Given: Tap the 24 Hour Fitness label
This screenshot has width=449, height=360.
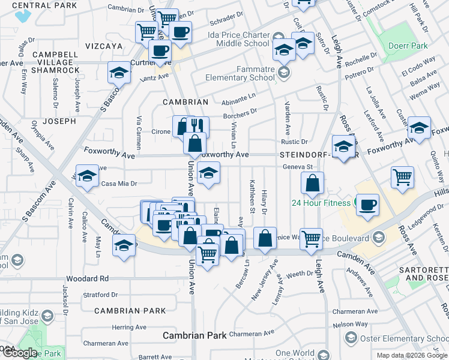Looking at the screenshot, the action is tap(321, 203).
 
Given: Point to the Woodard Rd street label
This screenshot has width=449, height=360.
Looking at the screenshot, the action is tap(88, 278).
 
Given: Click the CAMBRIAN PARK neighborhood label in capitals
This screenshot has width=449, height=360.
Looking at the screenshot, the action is tap(130, 311).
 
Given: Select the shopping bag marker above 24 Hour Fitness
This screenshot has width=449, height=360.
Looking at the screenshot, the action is tap(313, 184).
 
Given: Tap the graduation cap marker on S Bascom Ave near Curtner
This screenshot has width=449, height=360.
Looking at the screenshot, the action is tap(119, 73).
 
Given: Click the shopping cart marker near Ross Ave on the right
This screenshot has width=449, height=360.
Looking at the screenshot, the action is tap(402, 176).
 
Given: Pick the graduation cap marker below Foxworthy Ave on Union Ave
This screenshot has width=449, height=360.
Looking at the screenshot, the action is tap(208, 173).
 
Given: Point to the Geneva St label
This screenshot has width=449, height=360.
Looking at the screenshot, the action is tap(298, 167).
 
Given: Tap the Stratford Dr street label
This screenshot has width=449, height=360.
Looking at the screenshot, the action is tap(100, 295).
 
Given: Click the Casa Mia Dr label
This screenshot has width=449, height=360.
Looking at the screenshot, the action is tap(119, 184).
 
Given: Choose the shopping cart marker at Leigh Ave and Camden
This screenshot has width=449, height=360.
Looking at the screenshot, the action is tap(311, 239).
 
